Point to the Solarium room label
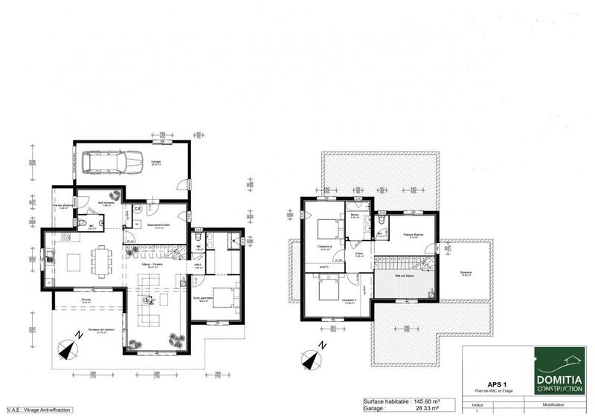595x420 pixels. (466, 272)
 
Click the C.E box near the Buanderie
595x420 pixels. (138, 210)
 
